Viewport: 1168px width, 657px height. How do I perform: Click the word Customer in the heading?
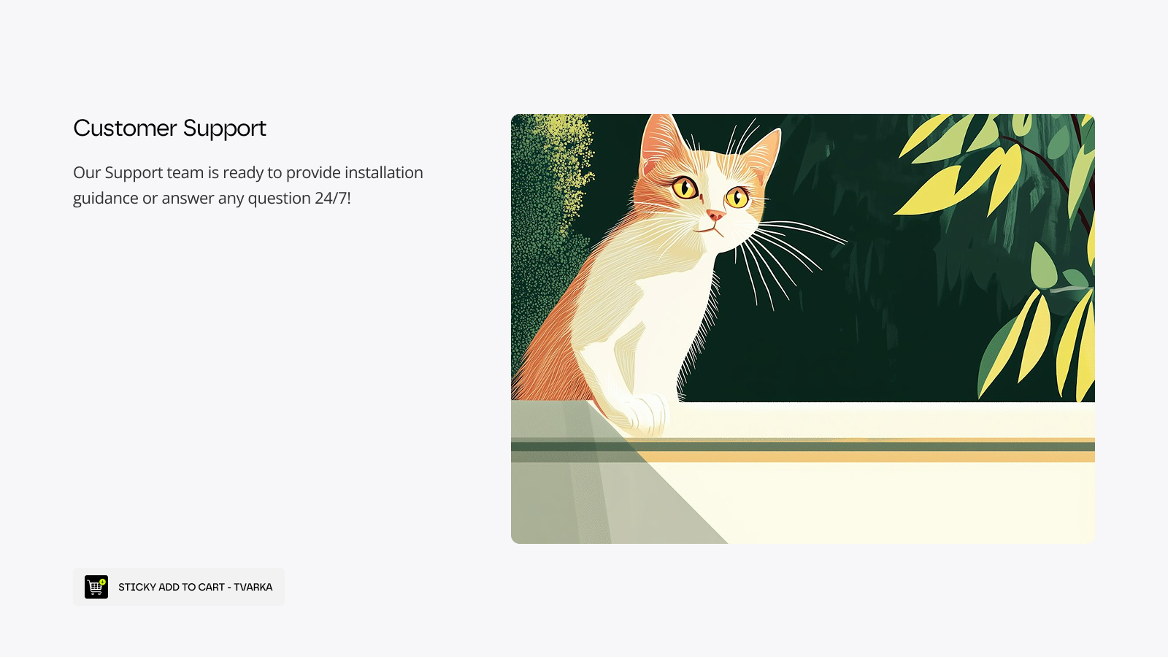click(125, 128)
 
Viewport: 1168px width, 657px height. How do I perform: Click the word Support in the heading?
click(225, 129)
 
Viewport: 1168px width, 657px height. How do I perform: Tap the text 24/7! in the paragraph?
click(333, 198)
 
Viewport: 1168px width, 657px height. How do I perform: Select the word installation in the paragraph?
click(384, 172)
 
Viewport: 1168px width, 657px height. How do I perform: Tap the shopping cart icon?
click(96, 587)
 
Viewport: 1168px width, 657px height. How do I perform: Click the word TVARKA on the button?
click(253, 587)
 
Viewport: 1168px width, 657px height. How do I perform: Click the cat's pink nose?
click(715, 215)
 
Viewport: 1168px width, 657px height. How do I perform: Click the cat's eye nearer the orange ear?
click(685, 188)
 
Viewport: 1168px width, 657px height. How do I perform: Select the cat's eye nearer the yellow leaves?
click(737, 197)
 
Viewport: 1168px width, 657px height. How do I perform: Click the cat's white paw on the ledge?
click(645, 415)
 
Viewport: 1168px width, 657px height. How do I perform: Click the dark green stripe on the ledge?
click(802, 447)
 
